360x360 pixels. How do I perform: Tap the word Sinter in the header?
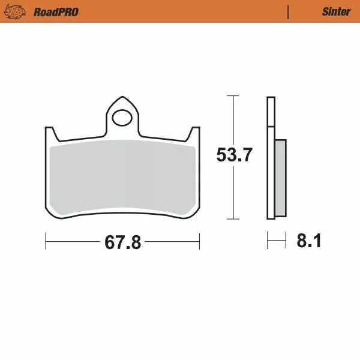tap(336, 11)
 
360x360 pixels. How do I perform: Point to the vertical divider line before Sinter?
tap(289, 11)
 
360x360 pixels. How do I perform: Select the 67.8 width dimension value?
tap(122, 242)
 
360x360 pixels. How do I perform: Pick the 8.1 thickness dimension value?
tap(309, 242)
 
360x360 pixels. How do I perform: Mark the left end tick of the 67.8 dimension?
tap(46, 242)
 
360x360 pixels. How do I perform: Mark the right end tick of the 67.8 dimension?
tap(199, 242)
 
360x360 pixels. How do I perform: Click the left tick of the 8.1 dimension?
tap(268, 242)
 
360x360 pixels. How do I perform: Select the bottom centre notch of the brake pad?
tap(122, 211)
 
